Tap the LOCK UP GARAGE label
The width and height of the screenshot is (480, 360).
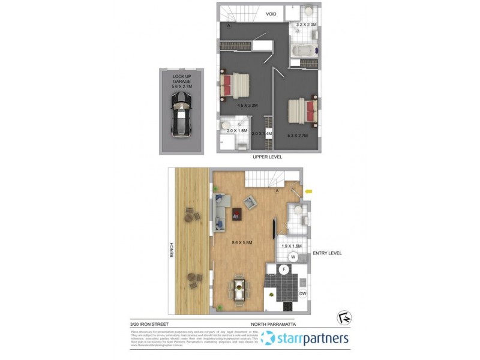click(181, 80)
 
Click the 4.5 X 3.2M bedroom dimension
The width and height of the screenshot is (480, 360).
click(247, 106)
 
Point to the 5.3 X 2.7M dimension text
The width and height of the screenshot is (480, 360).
click(297, 136)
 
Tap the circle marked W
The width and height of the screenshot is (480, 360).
click(293, 257)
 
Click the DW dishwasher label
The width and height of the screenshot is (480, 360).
click(303, 293)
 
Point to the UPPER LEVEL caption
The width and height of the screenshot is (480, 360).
click(268, 157)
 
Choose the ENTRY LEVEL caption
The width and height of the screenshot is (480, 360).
click(327, 254)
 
